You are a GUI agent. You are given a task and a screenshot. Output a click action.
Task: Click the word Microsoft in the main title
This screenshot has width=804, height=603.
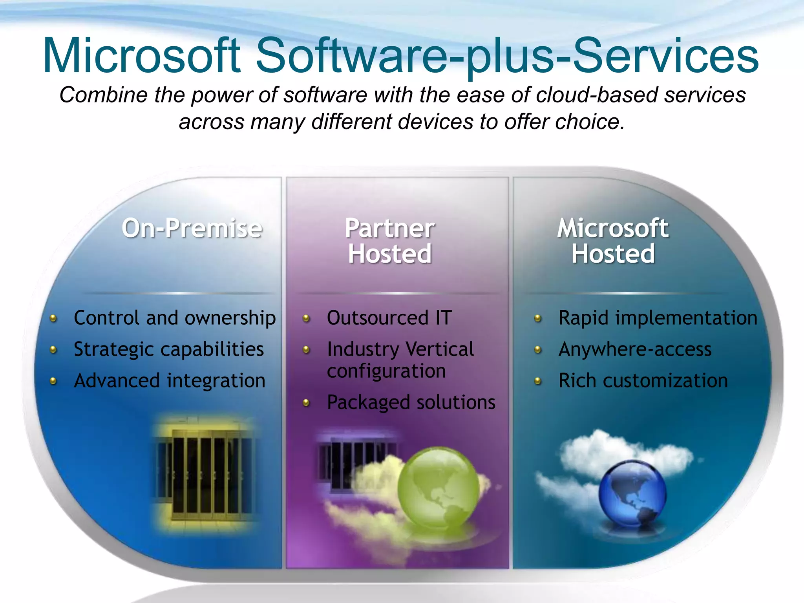(141, 56)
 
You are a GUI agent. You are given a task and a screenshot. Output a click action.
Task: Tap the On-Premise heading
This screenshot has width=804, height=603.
(192, 228)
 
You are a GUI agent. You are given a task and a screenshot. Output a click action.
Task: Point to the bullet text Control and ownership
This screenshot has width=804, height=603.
(175, 318)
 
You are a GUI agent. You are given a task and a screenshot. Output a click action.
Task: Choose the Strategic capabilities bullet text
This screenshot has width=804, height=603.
(169, 349)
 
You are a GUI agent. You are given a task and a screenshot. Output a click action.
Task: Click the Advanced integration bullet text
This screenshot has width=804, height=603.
(170, 381)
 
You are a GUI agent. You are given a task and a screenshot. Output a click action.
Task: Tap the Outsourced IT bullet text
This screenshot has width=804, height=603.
(389, 318)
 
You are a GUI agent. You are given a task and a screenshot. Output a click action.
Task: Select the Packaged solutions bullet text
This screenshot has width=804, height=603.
(411, 402)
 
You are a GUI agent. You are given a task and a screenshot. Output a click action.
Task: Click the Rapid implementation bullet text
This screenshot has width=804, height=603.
(658, 318)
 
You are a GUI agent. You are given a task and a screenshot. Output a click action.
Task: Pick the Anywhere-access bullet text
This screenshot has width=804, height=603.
(635, 349)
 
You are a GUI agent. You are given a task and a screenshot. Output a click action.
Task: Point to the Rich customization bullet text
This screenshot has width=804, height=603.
(643, 381)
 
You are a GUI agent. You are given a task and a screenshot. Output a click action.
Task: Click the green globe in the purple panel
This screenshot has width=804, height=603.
(439, 489)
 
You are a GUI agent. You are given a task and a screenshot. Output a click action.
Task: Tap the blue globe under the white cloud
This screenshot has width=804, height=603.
(632, 495)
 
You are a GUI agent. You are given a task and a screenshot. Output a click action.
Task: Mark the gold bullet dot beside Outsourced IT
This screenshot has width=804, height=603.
(307, 318)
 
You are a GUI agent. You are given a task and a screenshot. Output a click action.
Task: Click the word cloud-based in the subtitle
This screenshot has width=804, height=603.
(597, 95)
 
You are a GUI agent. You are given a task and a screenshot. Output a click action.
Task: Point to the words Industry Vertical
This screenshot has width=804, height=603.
(400, 349)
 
